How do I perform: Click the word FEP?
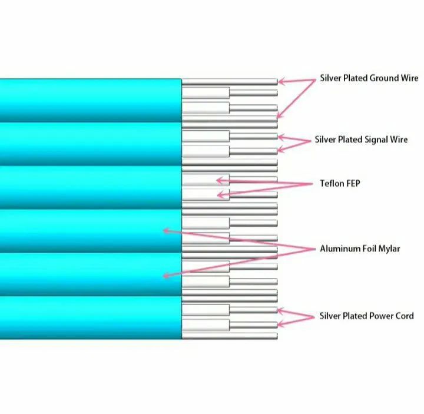[352, 183]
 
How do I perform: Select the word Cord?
[405, 316]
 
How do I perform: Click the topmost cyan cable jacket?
[91, 100]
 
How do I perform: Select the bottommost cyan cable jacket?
[91, 318]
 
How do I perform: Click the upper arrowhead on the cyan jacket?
[167, 231]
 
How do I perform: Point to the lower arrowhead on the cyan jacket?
[167, 276]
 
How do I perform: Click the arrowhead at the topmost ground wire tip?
[281, 81]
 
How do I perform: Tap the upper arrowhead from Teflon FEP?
[220, 180]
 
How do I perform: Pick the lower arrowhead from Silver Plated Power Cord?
[281, 323]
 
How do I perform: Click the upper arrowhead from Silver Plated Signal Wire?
[281, 137]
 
